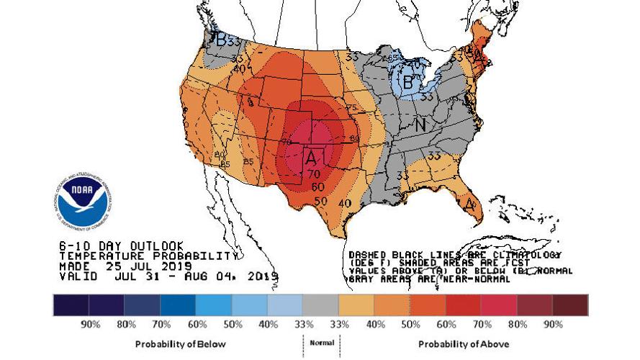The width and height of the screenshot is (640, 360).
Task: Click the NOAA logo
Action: [x=82, y=201]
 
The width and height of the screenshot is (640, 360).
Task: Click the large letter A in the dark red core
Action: [x=312, y=156]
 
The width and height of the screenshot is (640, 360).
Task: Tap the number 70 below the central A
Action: [x=314, y=174]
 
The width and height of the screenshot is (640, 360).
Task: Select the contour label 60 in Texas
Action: [x=317, y=186]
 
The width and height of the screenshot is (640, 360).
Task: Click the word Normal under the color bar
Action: [x=321, y=343]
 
